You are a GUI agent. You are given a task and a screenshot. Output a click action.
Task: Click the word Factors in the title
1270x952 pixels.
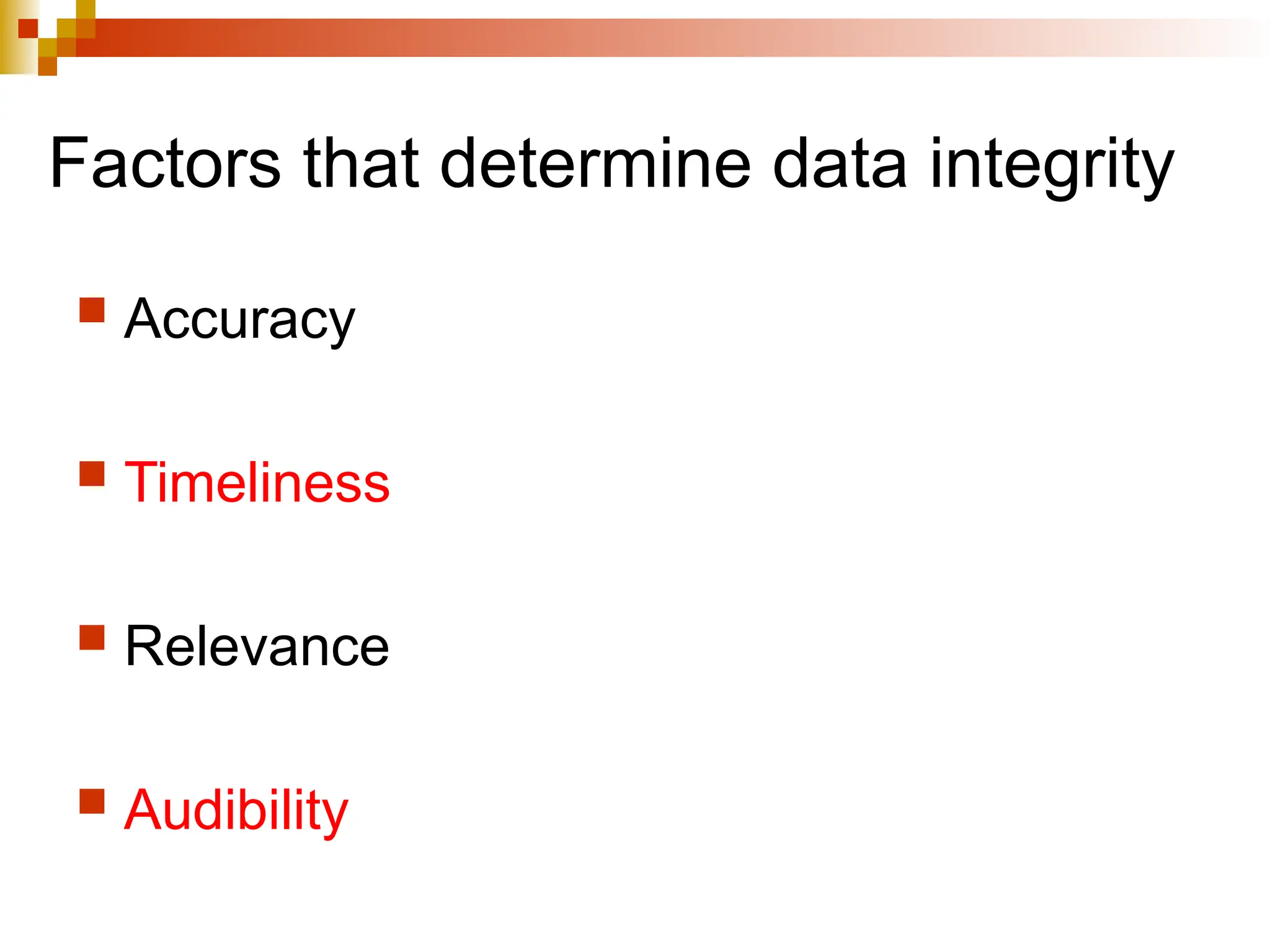[x=165, y=164]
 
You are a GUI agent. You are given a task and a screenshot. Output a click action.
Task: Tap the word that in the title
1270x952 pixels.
[x=361, y=164]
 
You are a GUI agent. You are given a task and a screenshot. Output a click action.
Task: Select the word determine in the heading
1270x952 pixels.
[x=595, y=164]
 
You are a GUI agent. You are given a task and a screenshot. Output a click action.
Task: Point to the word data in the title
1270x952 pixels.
[x=840, y=164]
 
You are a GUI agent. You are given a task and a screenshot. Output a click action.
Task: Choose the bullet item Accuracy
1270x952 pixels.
[x=239, y=320]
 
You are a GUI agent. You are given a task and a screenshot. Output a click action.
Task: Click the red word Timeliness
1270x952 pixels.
[x=257, y=483]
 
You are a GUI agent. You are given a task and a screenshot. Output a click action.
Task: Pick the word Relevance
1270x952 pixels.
[x=257, y=646]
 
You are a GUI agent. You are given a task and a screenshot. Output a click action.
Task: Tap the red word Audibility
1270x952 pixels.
[x=236, y=811]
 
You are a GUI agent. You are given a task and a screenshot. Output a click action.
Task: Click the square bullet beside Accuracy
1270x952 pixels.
[x=92, y=310]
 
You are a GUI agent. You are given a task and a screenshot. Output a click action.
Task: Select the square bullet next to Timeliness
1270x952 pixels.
[x=92, y=474]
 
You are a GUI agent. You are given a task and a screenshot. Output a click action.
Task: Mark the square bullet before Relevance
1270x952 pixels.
[x=92, y=637]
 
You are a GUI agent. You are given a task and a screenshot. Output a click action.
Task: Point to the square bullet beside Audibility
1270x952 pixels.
[x=92, y=801]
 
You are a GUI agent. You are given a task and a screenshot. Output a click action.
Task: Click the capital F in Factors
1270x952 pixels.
[x=68, y=164]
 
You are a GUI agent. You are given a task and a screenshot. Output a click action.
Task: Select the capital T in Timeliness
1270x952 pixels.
[x=144, y=482]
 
